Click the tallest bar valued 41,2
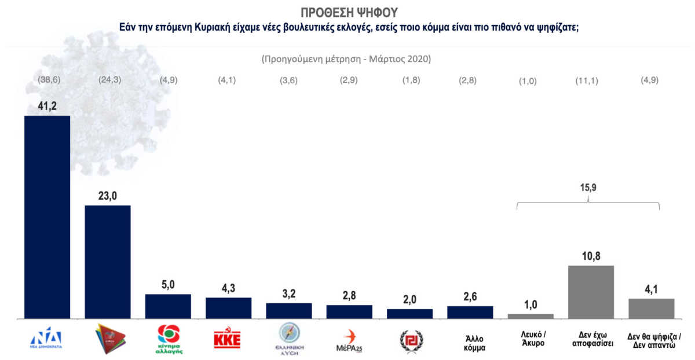tap(47, 217)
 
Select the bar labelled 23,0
tap(108, 262)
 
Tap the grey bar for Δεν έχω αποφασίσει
tap(591, 292)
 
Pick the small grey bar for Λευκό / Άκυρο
tap(531, 316)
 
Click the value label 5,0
tap(168, 285)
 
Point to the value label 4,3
tap(229, 288)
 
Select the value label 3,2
tap(289, 293)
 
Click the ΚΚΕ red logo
tap(228, 338)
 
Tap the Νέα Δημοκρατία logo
tap(46, 338)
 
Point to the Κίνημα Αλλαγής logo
tap(169, 338)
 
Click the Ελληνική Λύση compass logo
tap(289, 338)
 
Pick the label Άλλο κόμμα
tap(470, 343)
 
